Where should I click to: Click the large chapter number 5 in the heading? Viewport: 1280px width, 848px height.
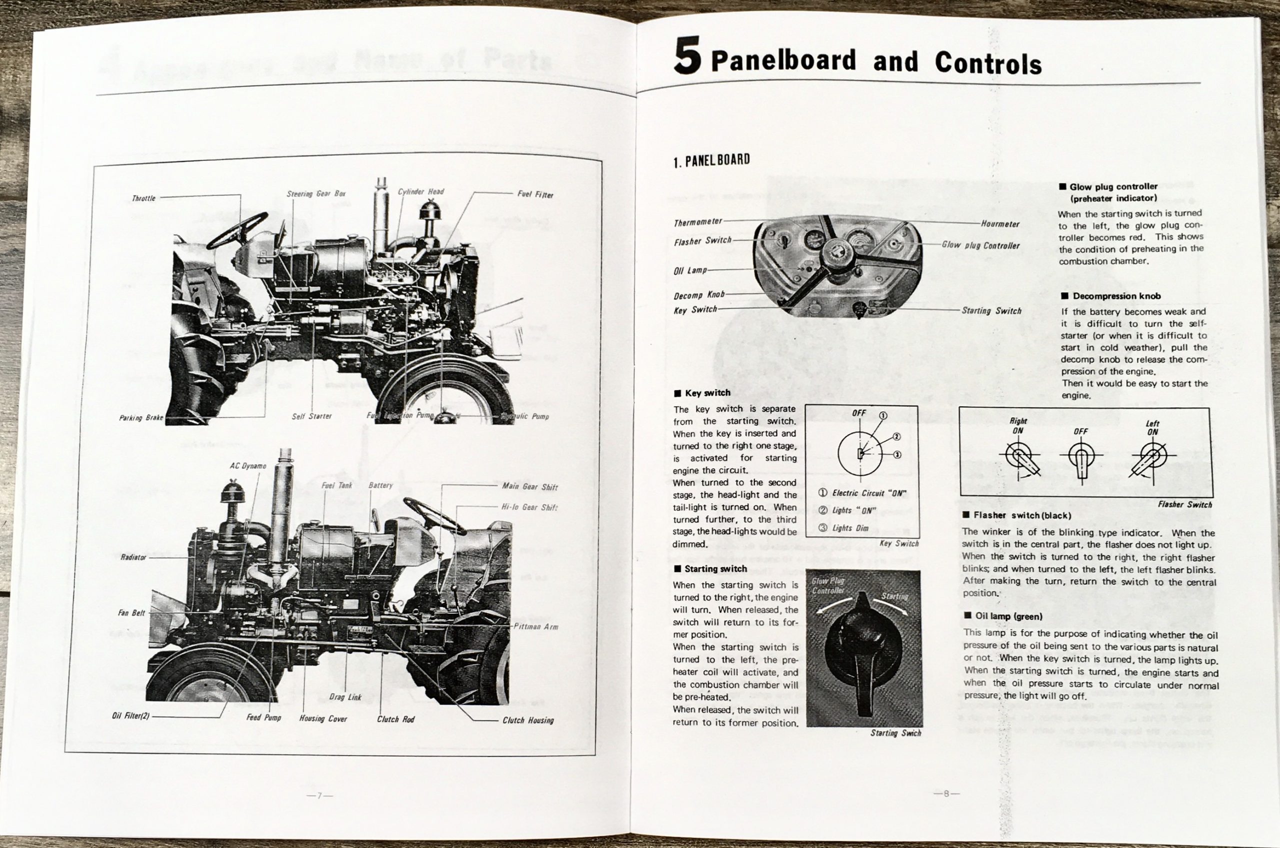[x=687, y=56]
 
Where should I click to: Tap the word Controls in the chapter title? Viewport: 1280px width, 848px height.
[x=988, y=64]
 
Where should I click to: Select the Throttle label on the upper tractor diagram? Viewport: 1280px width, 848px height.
[x=143, y=198]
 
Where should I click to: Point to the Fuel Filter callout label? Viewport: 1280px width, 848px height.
[x=535, y=194]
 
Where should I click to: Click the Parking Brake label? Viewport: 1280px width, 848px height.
[x=140, y=418]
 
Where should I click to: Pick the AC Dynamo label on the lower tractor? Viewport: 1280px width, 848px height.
[x=248, y=466]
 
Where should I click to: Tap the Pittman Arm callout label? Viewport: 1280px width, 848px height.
[x=536, y=627]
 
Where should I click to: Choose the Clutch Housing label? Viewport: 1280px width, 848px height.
[x=528, y=721]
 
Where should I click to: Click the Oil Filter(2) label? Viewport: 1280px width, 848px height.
[x=130, y=716]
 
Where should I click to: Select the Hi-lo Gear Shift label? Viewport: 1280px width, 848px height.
[x=529, y=507]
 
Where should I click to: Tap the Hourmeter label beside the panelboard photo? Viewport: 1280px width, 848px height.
[x=1000, y=224]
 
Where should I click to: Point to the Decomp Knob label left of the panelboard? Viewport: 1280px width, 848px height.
[x=698, y=295]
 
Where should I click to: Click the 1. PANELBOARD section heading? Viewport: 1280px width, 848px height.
[x=711, y=160]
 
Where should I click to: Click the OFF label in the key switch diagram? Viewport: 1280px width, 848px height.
[x=858, y=413]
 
